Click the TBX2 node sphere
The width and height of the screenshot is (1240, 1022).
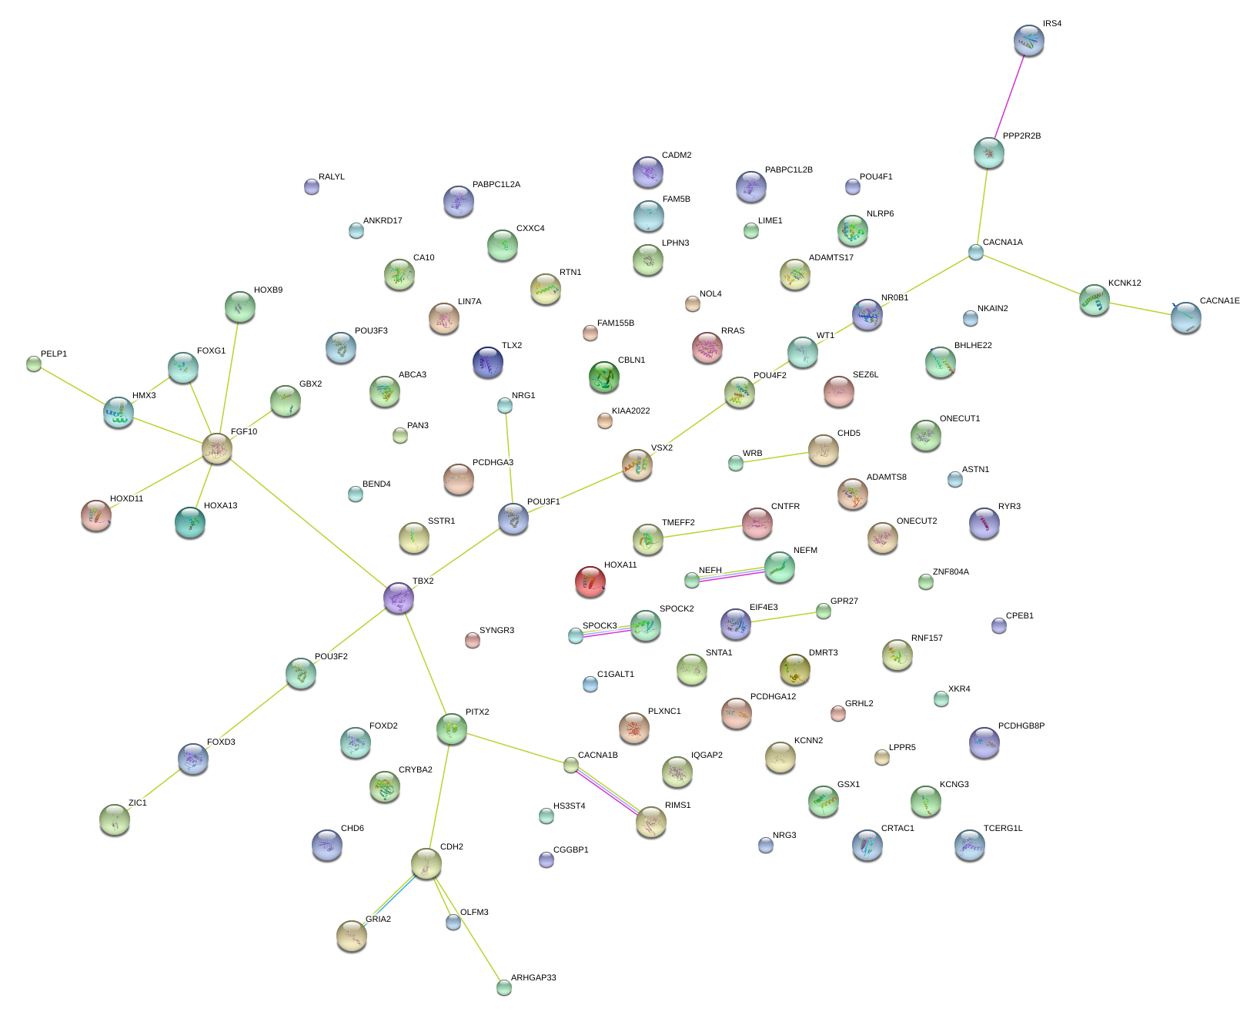pos(399,598)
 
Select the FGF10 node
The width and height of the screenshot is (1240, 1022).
pos(217,447)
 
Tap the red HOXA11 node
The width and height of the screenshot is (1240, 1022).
pos(590,581)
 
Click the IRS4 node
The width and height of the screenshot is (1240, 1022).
pos(1029,40)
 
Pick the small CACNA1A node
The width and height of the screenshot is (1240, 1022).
pos(975,251)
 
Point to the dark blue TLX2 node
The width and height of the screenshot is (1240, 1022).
pos(488,362)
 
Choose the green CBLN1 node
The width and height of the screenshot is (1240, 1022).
pos(604,377)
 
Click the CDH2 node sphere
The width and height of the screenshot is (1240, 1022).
pos(426,863)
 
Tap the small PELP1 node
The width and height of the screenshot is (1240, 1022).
pos(34,363)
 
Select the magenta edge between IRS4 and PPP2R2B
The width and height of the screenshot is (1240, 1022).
pos(1009,96)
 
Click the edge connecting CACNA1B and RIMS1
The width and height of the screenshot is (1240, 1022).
pos(609,792)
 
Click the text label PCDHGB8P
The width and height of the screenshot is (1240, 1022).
pos(1021,725)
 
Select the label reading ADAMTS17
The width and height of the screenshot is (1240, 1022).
pos(831,257)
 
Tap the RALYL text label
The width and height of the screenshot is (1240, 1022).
pos(331,176)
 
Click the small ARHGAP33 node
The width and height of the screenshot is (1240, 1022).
pos(504,987)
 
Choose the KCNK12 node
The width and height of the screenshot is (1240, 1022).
pos(1094,300)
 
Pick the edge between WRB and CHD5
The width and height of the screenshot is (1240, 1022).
pos(772,457)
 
